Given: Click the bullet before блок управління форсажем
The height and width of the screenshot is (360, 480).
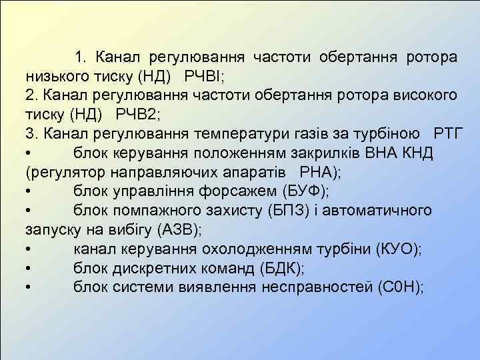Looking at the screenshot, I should pyautogui.click(x=30, y=192).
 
